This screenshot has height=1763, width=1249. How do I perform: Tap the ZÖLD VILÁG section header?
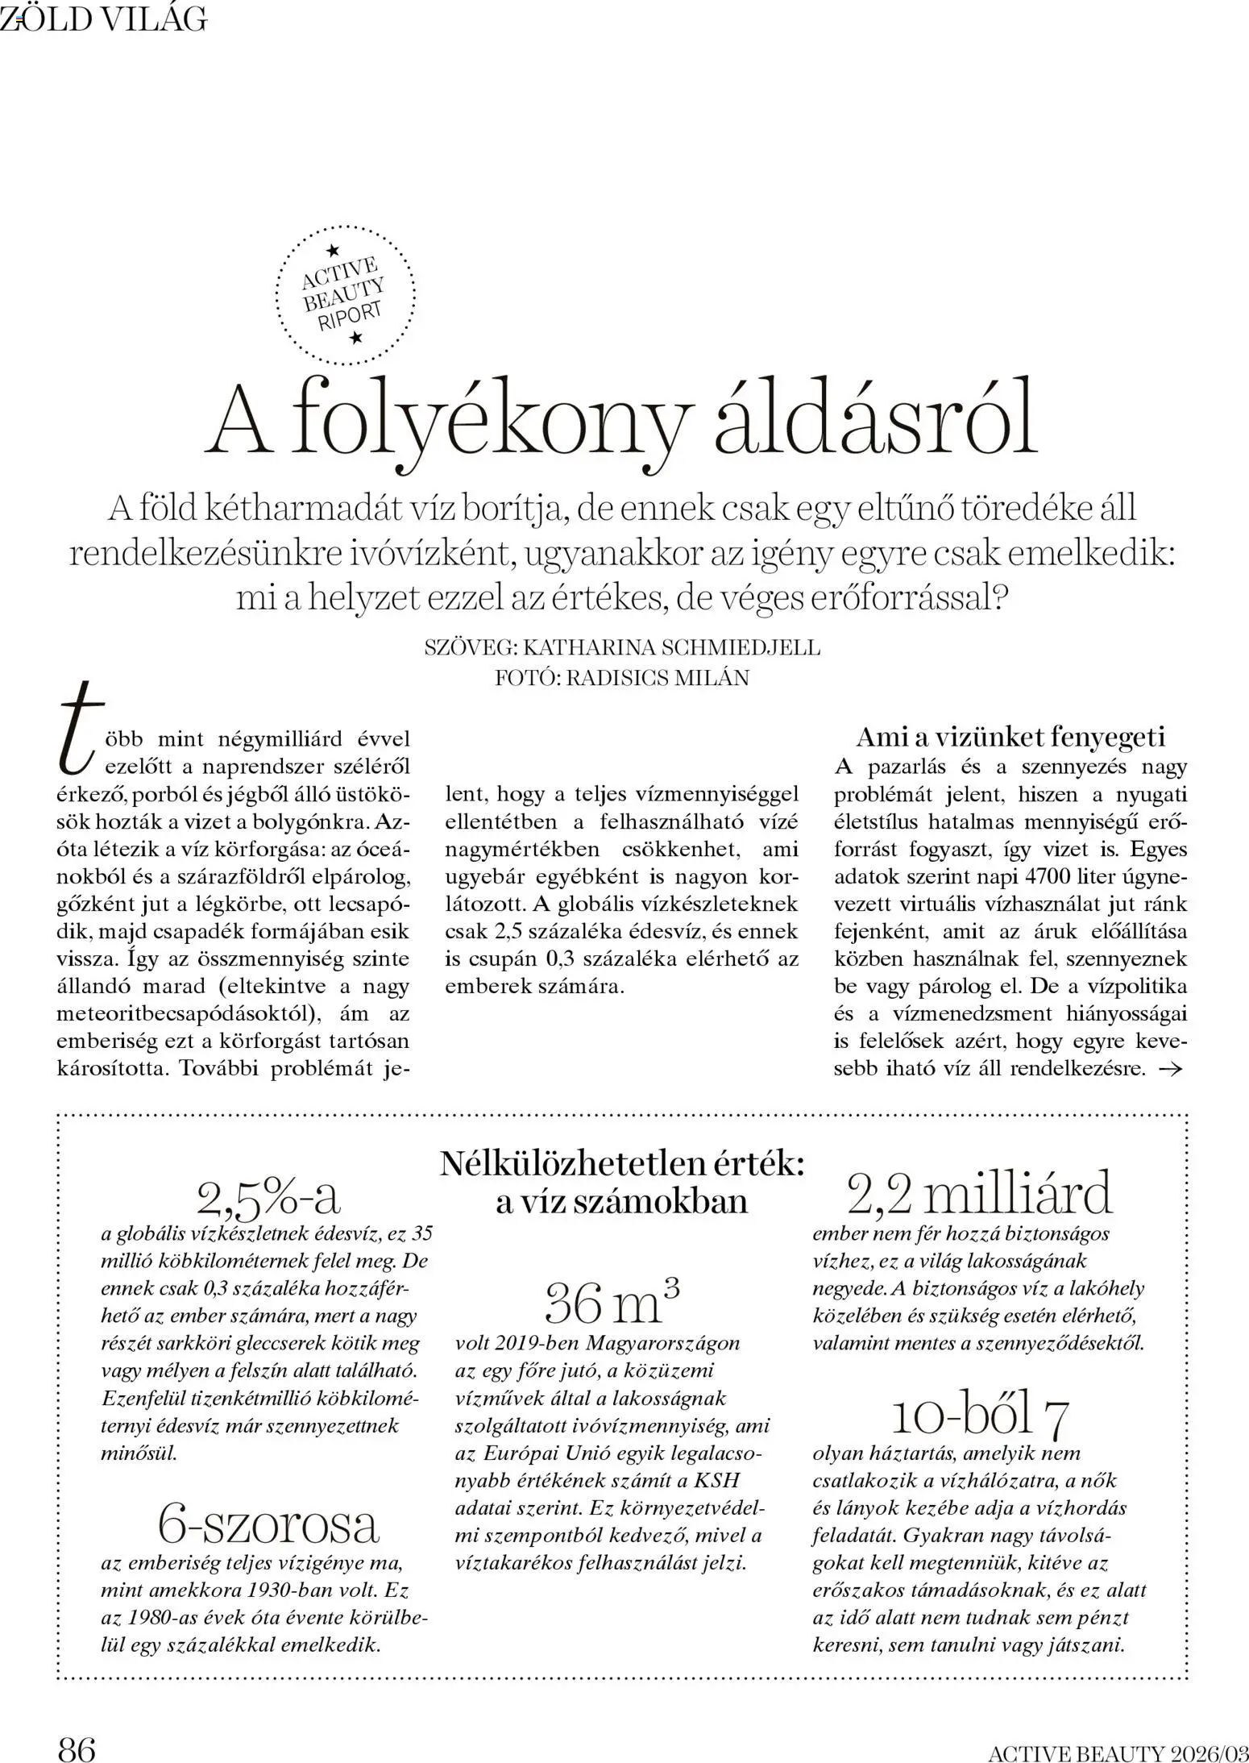click(x=103, y=19)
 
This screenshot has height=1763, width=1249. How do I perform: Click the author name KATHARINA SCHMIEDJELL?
click(x=670, y=647)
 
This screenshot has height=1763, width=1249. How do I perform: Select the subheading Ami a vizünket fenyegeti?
click(x=1010, y=736)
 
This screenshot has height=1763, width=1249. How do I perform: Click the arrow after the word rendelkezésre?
click(x=1169, y=1069)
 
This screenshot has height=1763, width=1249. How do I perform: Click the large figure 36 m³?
click(x=612, y=1301)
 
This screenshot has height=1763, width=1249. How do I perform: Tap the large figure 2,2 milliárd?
click(x=979, y=1193)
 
